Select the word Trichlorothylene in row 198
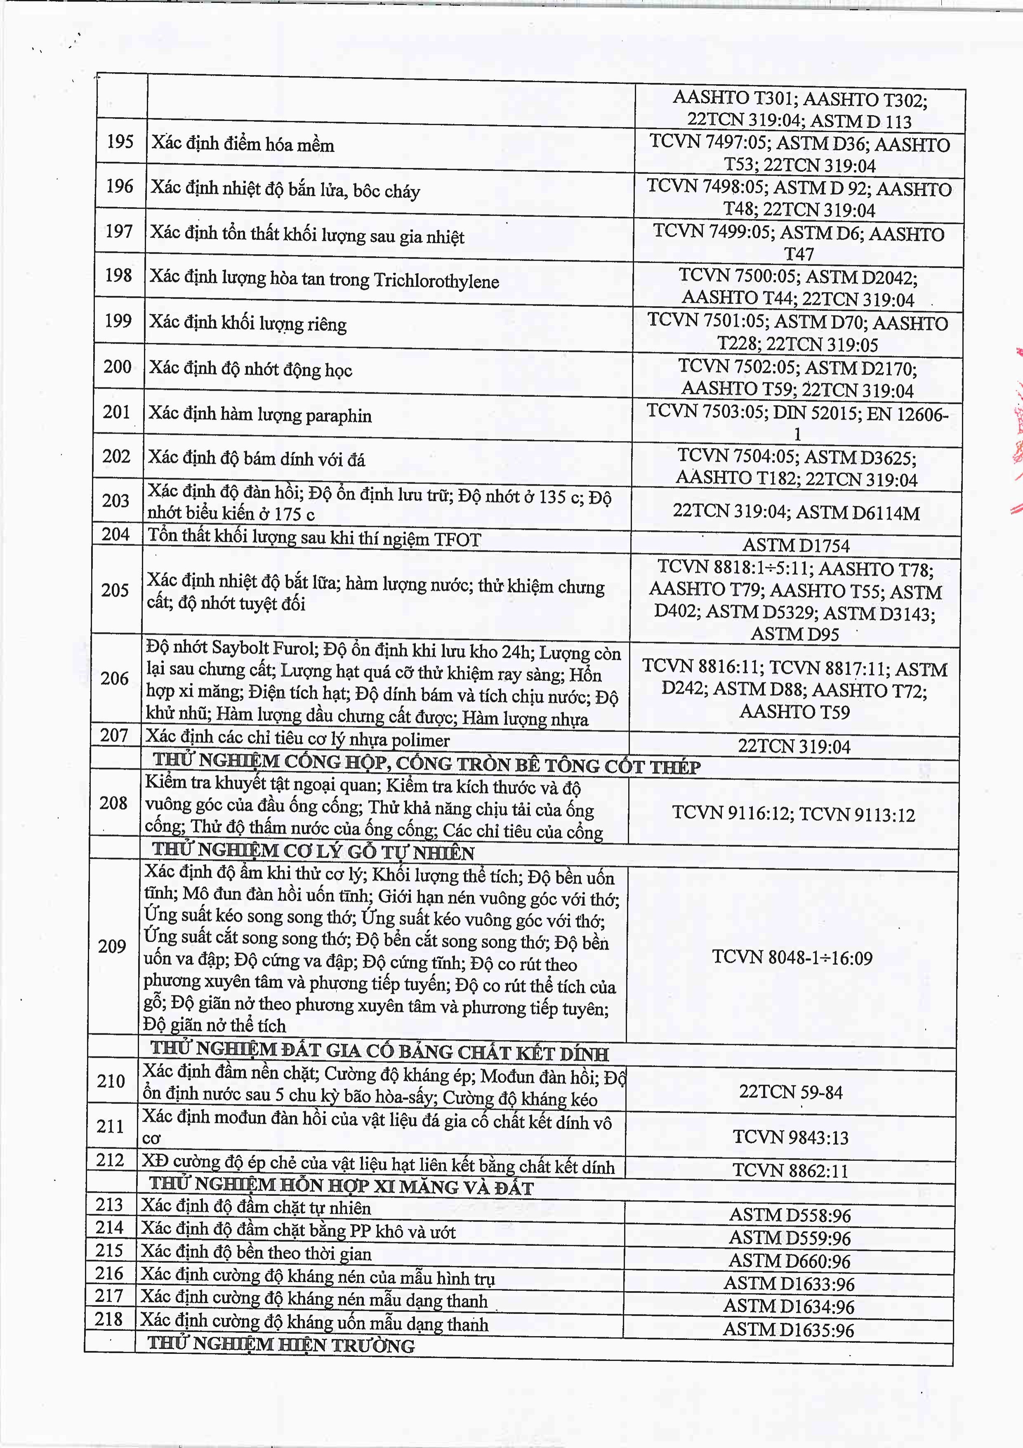436,281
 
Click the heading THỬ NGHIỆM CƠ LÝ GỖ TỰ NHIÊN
313,851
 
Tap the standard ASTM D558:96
790,1215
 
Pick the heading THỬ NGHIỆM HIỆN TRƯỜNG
281,1344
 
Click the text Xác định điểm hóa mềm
243,144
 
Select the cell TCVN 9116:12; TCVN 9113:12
793,814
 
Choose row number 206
114,678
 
